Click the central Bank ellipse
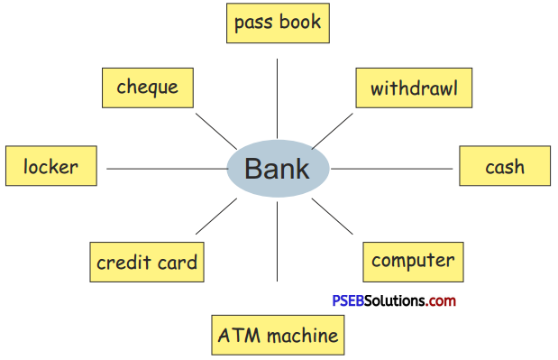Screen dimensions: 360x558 click(277, 169)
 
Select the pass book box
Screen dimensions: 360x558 click(278, 23)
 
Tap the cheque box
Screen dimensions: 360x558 click(147, 88)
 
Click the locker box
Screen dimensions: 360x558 click(50, 167)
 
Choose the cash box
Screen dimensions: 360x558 click(504, 167)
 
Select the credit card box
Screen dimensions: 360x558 click(146, 263)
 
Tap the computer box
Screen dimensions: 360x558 click(413, 262)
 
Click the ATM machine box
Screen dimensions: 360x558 click(278, 336)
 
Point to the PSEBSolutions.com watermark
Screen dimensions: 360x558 click(392, 300)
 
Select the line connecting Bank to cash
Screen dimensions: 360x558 click(392, 169)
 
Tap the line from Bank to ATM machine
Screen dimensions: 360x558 click(277, 257)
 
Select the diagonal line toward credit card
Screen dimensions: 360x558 click(216, 217)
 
